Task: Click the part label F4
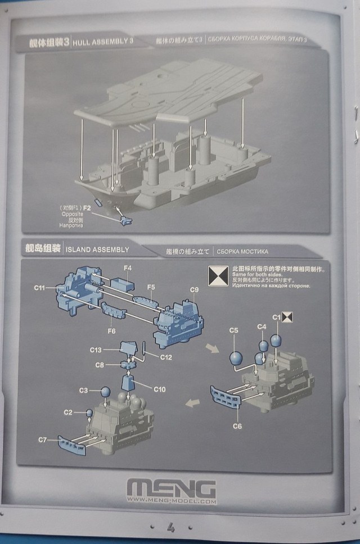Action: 127,269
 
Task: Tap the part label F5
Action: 150,287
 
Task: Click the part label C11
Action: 39,288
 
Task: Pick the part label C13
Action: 96,350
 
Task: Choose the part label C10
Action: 159,388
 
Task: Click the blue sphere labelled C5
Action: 237,357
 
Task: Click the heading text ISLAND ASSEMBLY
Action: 97,249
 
